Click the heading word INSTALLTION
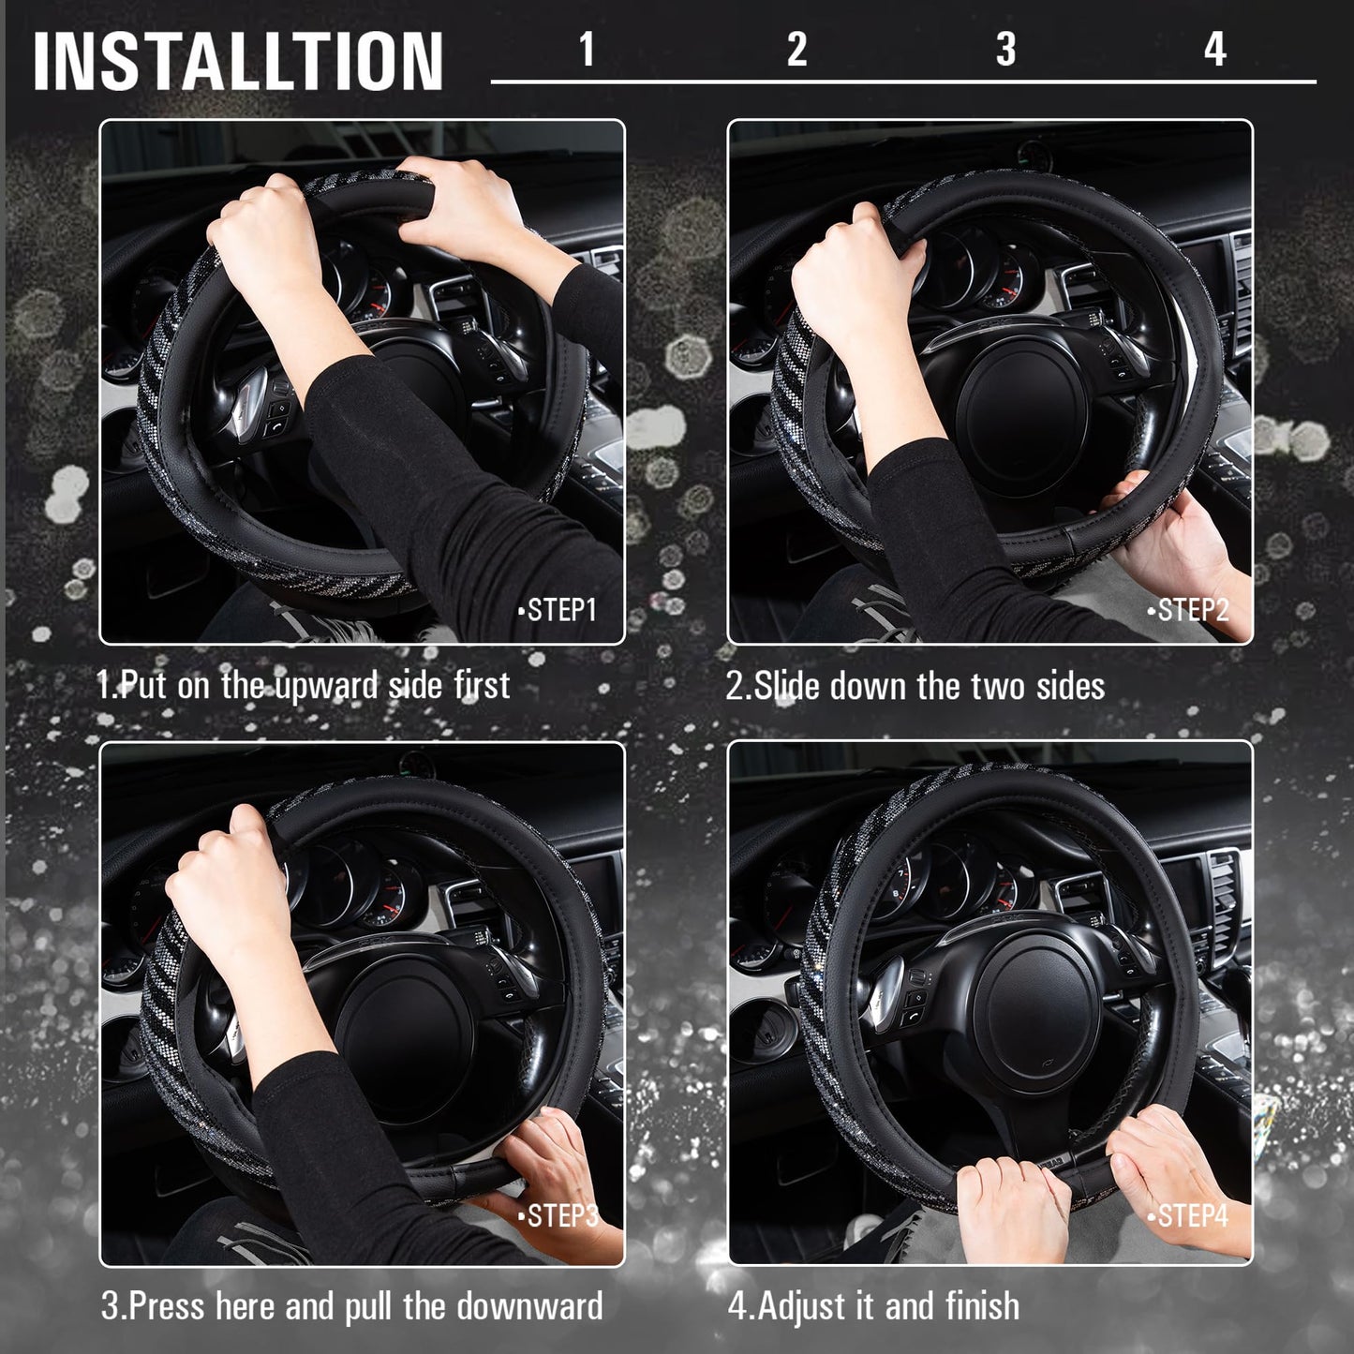click(238, 61)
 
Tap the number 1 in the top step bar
click(587, 49)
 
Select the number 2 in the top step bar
click(796, 49)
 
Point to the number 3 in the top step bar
click(1005, 49)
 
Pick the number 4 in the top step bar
click(1214, 49)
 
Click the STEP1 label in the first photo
click(559, 610)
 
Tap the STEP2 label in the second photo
click(1190, 610)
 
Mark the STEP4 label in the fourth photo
click(1190, 1216)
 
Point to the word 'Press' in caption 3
click(166, 1306)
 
